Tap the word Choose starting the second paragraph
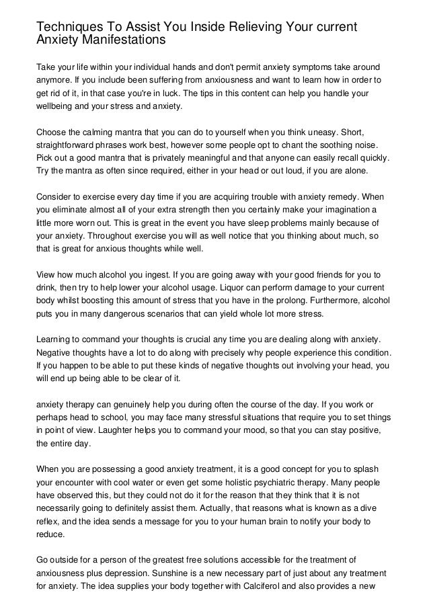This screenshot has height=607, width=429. [52, 132]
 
